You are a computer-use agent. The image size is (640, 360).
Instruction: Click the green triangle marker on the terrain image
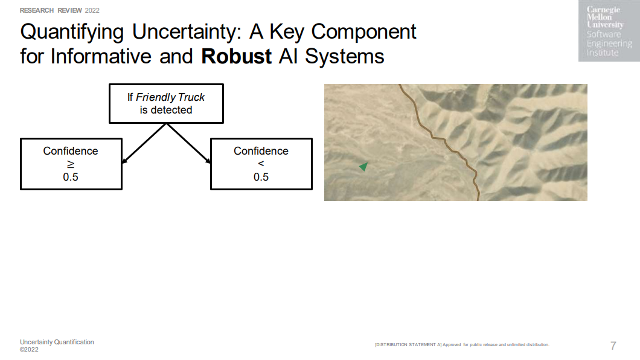coord(363,167)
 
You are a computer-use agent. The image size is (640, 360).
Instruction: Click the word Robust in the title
coord(236,56)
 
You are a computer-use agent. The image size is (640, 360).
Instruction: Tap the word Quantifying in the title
coord(72,33)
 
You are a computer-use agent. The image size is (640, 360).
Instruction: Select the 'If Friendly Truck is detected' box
coord(166,104)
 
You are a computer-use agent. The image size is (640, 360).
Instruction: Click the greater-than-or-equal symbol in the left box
coord(71,164)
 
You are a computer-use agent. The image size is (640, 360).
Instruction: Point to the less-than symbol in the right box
coord(261,164)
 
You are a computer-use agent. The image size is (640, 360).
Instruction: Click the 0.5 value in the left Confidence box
coord(71,177)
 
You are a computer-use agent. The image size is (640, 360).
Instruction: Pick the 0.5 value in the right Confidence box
coord(261,177)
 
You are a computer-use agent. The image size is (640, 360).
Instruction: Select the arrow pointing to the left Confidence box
coord(144,143)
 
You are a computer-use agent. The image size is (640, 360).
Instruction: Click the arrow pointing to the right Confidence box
coord(188,143)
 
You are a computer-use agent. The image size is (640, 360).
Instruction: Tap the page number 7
coord(613,346)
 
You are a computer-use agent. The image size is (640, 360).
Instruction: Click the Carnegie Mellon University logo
coord(609,31)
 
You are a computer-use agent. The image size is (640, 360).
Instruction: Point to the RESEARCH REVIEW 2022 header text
coord(60,10)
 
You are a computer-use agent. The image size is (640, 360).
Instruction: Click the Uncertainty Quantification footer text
coord(57,342)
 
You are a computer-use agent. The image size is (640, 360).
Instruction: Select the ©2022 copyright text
coord(29,349)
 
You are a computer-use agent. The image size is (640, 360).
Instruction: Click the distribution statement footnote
coord(462,344)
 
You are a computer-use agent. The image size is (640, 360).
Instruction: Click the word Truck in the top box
coord(191,98)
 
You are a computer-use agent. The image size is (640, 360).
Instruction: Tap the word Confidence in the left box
coord(71,151)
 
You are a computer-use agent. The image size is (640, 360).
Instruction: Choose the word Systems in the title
coord(345,56)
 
